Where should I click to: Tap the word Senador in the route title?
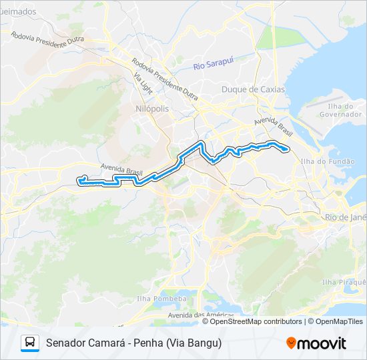coord(65,343)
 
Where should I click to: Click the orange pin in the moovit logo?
coord(291,343)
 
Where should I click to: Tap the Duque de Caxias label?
coord(253,89)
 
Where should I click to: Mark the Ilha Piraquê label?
coord(344,282)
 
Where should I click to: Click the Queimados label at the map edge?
coord(19,12)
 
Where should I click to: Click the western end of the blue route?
coord(79,181)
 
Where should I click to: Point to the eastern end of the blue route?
coord(288,149)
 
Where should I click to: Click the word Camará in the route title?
coord(108,343)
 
